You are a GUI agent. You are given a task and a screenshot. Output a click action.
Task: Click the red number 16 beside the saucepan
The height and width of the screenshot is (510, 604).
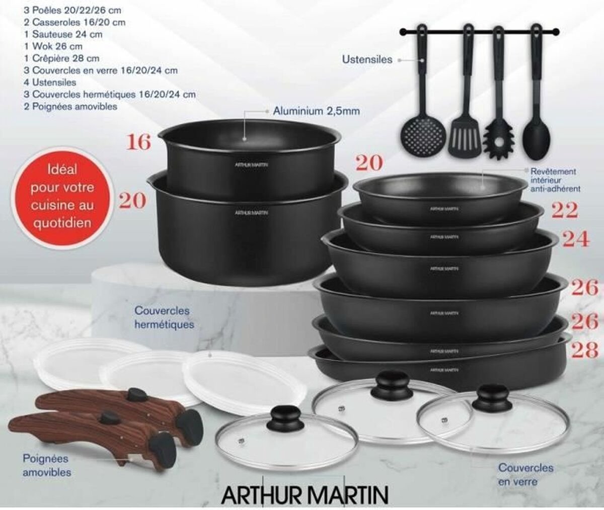point(139,142)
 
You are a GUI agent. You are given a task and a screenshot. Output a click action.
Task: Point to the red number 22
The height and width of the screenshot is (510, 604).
point(565,210)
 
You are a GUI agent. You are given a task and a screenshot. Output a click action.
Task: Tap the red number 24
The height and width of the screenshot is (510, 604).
point(575,239)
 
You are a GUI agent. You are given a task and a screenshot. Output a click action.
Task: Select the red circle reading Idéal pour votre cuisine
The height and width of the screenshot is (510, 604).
point(61,196)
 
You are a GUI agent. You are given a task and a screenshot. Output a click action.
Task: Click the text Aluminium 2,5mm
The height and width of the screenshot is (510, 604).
point(317,111)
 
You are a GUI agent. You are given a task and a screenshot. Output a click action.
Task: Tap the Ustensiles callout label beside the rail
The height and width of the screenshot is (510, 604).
point(367,59)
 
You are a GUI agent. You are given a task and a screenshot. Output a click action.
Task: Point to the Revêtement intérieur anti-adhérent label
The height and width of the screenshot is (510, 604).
point(555,180)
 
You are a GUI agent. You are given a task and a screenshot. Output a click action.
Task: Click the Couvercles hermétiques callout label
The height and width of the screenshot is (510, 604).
point(164,317)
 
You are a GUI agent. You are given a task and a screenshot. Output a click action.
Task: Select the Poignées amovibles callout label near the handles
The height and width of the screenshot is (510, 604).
point(47,465)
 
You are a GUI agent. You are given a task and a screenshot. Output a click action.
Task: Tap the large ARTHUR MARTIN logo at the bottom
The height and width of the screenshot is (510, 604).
point(305,495)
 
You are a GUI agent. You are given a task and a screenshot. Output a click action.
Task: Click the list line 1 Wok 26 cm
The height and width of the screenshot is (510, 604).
point(53,46)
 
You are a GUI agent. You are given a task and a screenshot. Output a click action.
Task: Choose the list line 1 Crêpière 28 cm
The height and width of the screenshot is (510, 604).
point(61,58)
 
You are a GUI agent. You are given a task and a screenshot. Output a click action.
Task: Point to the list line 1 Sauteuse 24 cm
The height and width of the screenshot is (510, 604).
point(63,34)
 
